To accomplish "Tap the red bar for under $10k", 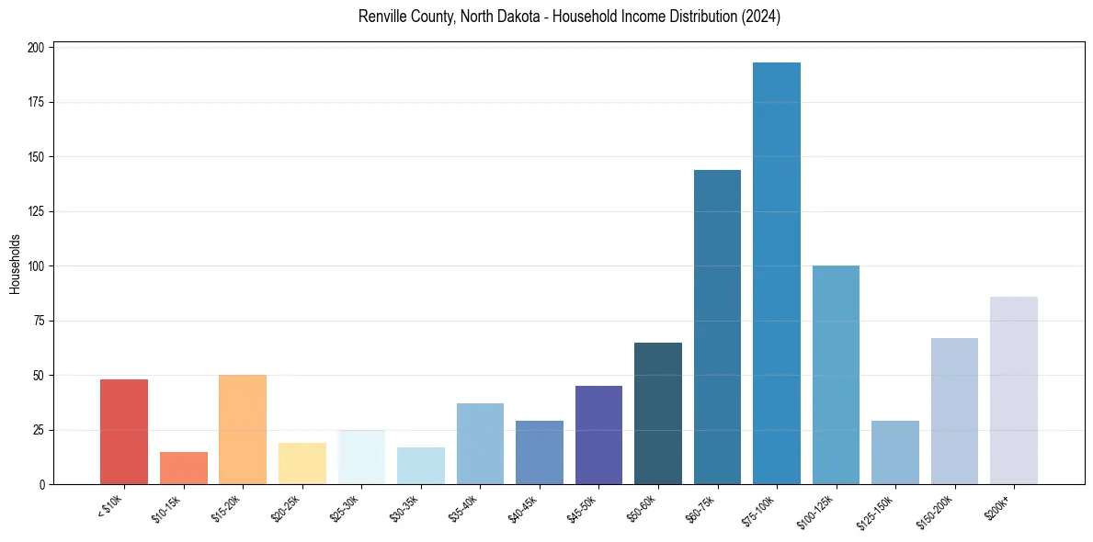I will pos(124,432).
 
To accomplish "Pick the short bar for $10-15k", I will pos(183,468).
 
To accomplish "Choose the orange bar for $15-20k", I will pos(243,429).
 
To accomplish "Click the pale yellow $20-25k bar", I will pos(302,463).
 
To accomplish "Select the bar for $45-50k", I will pos(598,435).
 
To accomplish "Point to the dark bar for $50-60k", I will pos(657,413).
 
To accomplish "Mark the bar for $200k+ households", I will pos(1013,390).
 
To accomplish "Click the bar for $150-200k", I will pos(954,411).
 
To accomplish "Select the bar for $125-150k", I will pos(894,452).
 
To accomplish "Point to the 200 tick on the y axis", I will pos(38,48).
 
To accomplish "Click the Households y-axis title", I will pos(16,264).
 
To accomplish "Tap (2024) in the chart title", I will pos(758,17).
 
